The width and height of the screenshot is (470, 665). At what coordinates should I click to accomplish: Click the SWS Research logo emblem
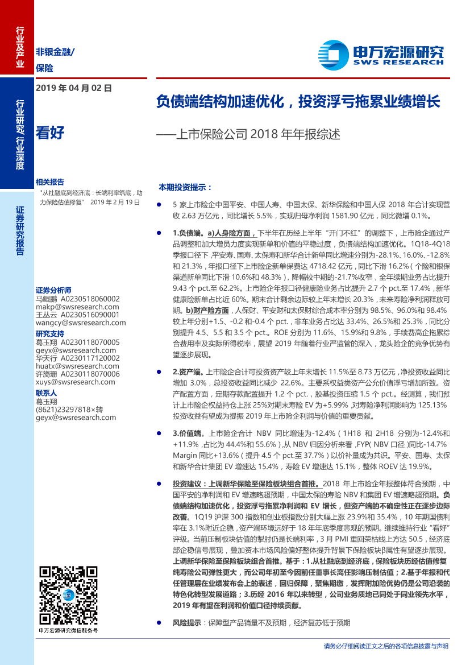334,55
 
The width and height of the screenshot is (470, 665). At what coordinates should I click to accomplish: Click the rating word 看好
49,133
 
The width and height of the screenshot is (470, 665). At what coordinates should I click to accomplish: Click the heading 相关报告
49,183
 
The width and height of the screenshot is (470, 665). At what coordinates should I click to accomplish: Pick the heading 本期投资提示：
185,187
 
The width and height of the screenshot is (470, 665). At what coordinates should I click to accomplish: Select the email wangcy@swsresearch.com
77,323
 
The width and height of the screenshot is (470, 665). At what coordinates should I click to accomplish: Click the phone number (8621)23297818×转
69,409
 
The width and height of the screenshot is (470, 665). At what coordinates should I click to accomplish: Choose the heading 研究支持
49,333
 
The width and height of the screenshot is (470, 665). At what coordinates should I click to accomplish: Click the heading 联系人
46,393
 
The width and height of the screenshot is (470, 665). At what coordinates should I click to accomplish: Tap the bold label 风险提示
186,623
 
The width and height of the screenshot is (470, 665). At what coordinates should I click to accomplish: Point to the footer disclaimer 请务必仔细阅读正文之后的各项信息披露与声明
386,646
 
